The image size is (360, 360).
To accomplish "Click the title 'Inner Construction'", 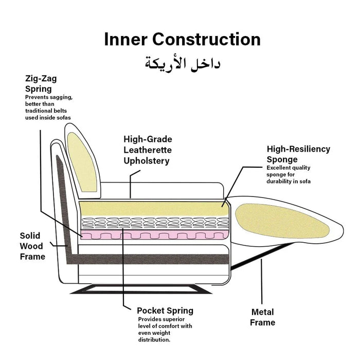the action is pyautogui.click(x=182, y=40).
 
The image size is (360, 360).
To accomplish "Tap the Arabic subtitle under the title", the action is pyautogui.click(x=183, y=63).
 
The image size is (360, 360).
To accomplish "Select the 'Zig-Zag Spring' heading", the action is pyautogui.click(x=41, y=83).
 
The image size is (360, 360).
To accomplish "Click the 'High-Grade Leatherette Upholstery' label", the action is pyautogui.click(x=148, y=150).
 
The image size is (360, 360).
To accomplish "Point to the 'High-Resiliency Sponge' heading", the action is pyautogui.click(x=298, y=154).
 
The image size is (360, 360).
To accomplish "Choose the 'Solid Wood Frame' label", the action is pyautogui.click(x=32, y=246).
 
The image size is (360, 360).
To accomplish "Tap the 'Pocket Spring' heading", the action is pyautogui.click(x=165, y=311).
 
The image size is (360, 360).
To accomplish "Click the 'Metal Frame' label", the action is pyautogui.click(x=262, y=317).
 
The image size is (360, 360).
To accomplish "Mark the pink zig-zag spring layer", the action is pyautogui.click(x=155, y=235).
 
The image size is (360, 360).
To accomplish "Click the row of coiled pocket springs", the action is pyautogui.click(x=155, y=223).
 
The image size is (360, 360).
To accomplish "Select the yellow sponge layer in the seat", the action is pyautogui.click(x=154, y=208).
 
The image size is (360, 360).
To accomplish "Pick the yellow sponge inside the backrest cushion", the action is pyautogui.click(x=82, y=163).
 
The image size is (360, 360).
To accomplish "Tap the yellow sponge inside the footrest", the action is pyautogui.click(x=282, y=221).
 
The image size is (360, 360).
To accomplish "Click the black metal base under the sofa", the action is pyautogui.click(x=141, y=289).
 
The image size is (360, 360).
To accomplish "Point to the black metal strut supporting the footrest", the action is pyautogui.click(x=262, y=256).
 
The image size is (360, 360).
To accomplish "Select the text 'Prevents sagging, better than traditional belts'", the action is pyautogui.click(x=49, y=104).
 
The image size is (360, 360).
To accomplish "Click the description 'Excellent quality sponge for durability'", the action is pyautogui.click(x=289, y=174).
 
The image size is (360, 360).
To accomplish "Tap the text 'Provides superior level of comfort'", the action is pyautogui.click(x=165, y=322).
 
